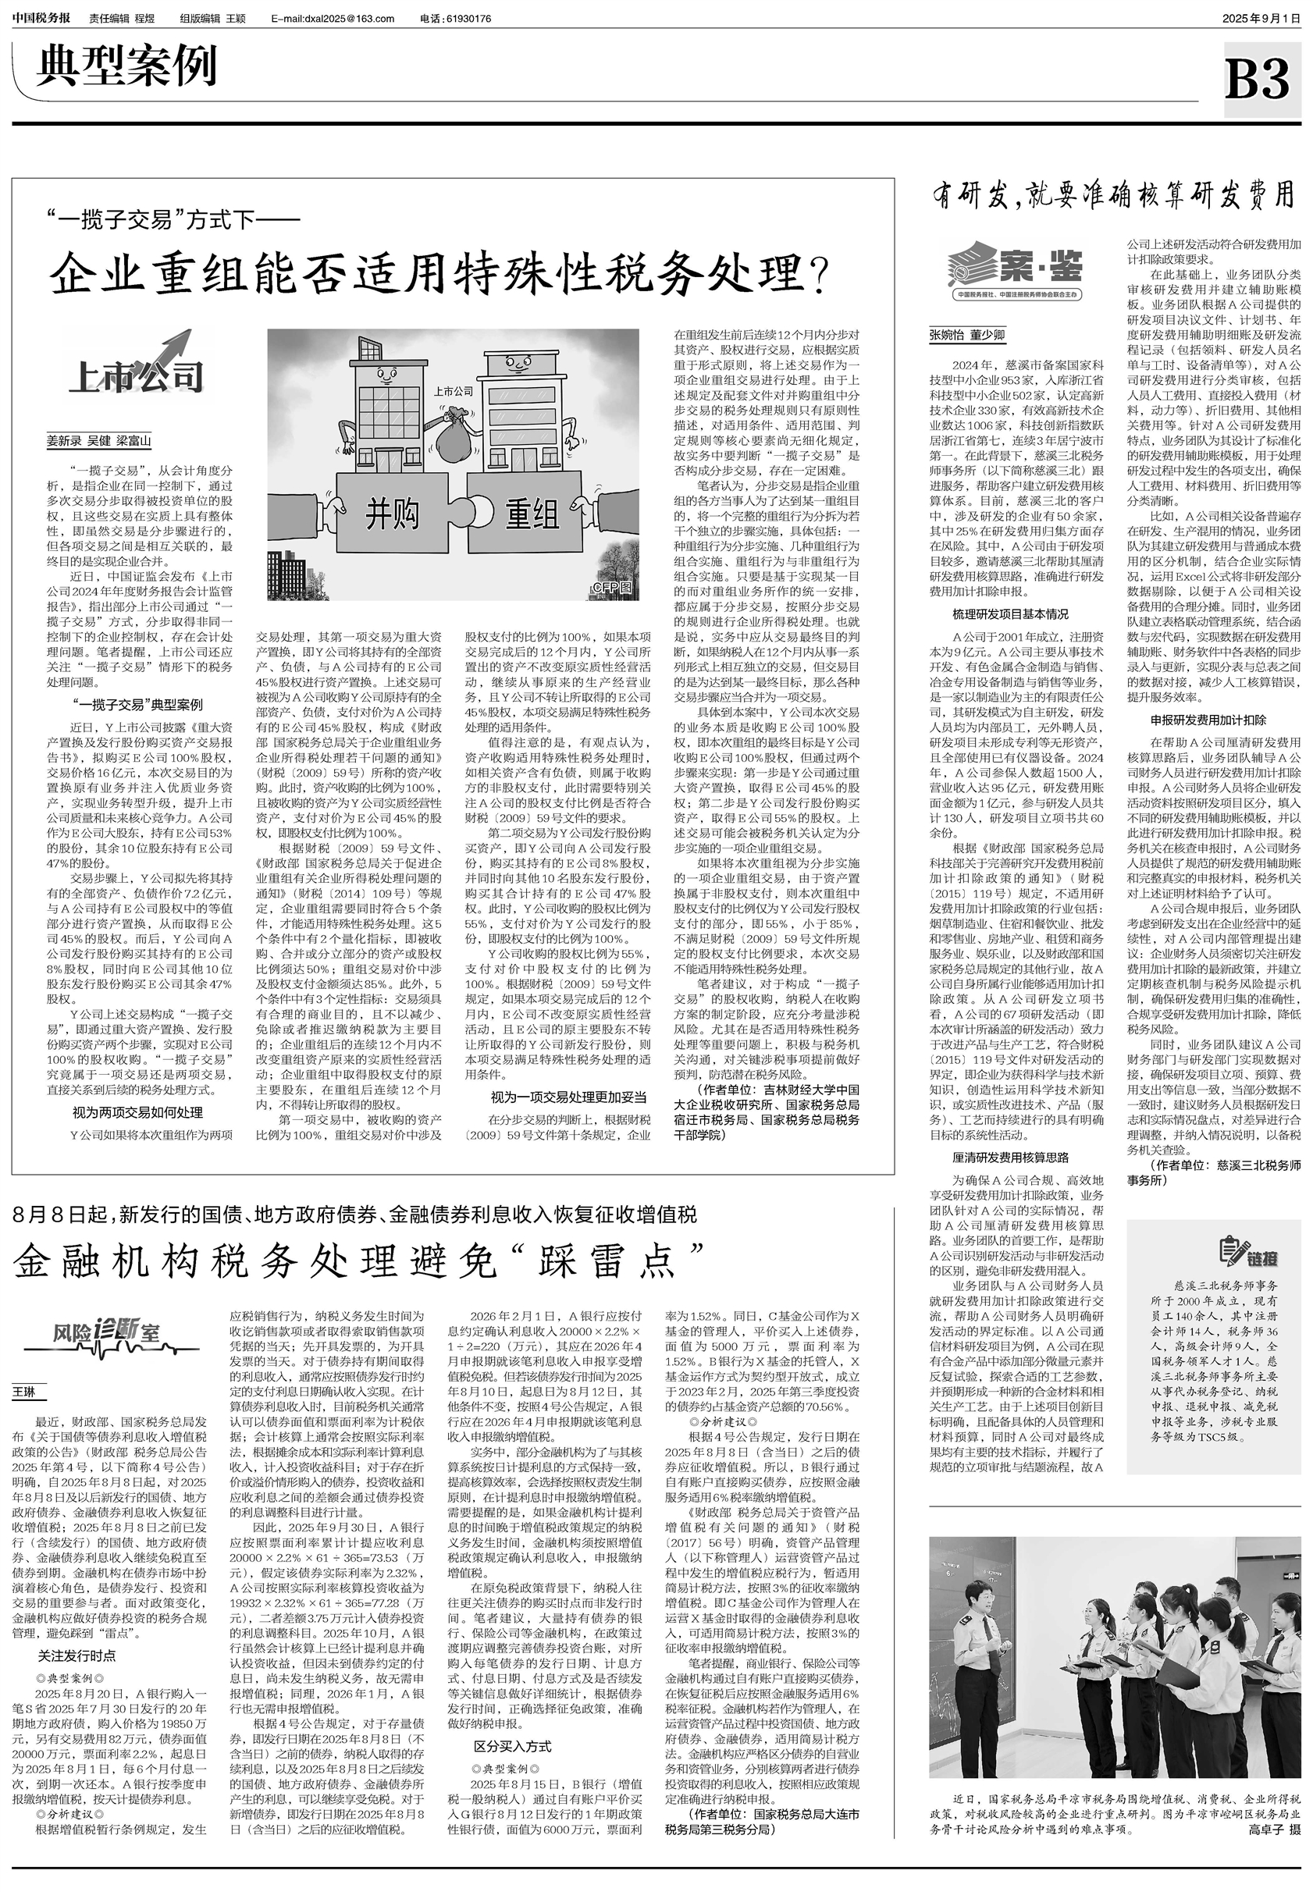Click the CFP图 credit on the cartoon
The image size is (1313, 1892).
pos(613,587)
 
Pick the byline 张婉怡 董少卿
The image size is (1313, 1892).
pos(966,335)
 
